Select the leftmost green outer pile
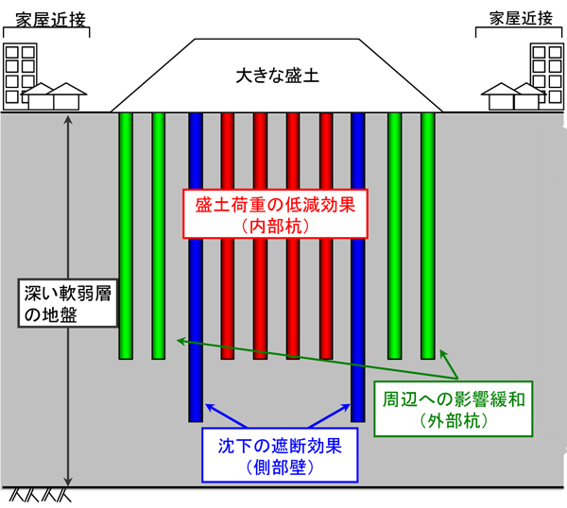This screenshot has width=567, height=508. pyautogui.click(x=126, y=236)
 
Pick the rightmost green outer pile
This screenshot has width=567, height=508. pyautogui.click(x=427, y=236)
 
